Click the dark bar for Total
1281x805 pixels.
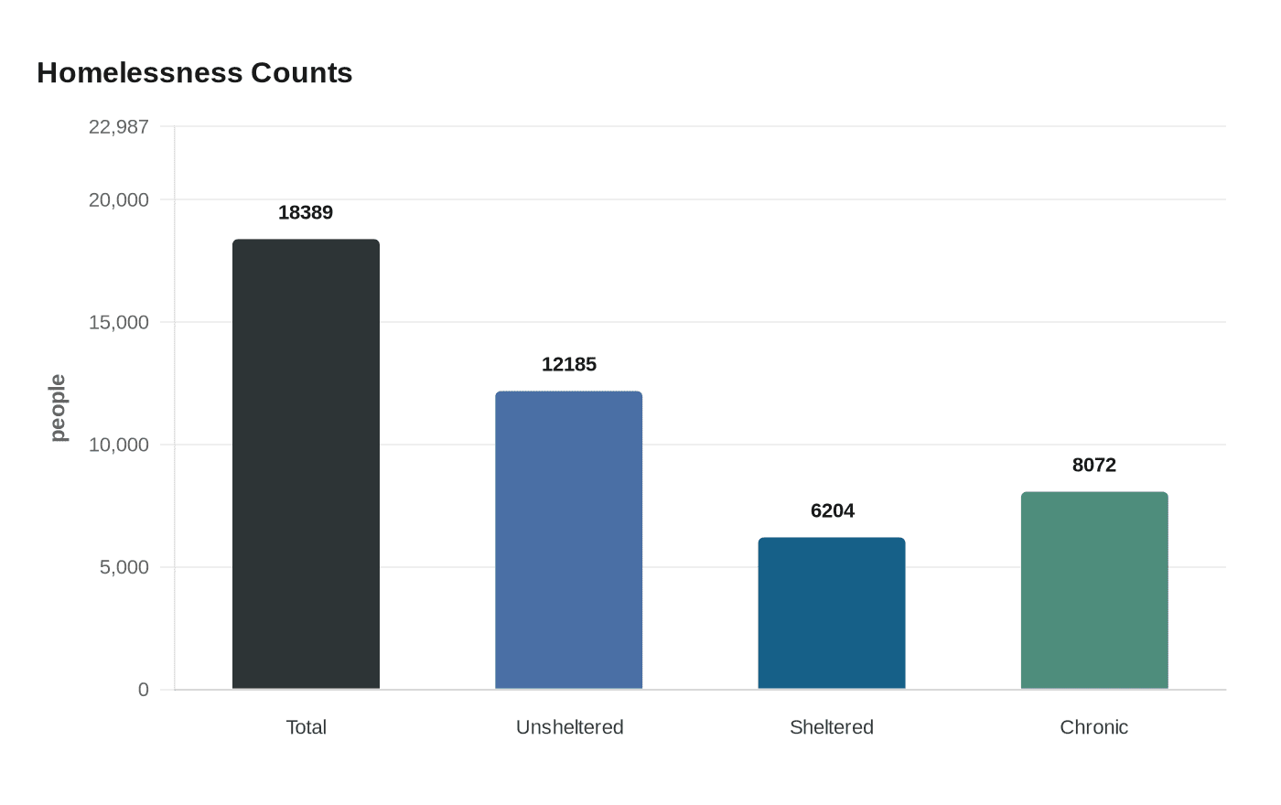coord(306,464)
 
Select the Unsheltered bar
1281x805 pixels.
coord(568,540)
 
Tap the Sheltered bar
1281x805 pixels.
coord(831,613)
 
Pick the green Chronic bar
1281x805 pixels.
coord(1093,590)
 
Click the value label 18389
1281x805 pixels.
coord(306,212)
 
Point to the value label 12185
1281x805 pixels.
coord(568,364)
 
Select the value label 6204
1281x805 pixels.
coord(832,510)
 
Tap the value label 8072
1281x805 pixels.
coord(1093,465)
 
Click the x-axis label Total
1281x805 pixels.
coord(306,727)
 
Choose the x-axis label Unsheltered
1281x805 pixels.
coord(569,727)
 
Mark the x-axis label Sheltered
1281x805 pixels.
coord(831,727)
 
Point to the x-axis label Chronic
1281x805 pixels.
coord(1093,727)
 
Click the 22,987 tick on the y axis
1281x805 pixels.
coord(118,127)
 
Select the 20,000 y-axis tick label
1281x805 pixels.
coord(118,200)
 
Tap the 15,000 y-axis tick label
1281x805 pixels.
coord(118,322)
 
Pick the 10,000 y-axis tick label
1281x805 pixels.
coord(118,445)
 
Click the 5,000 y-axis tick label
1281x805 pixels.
coord(124,567)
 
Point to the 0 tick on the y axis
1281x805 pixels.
coord(143,690)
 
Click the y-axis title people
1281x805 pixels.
coord(58,408)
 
